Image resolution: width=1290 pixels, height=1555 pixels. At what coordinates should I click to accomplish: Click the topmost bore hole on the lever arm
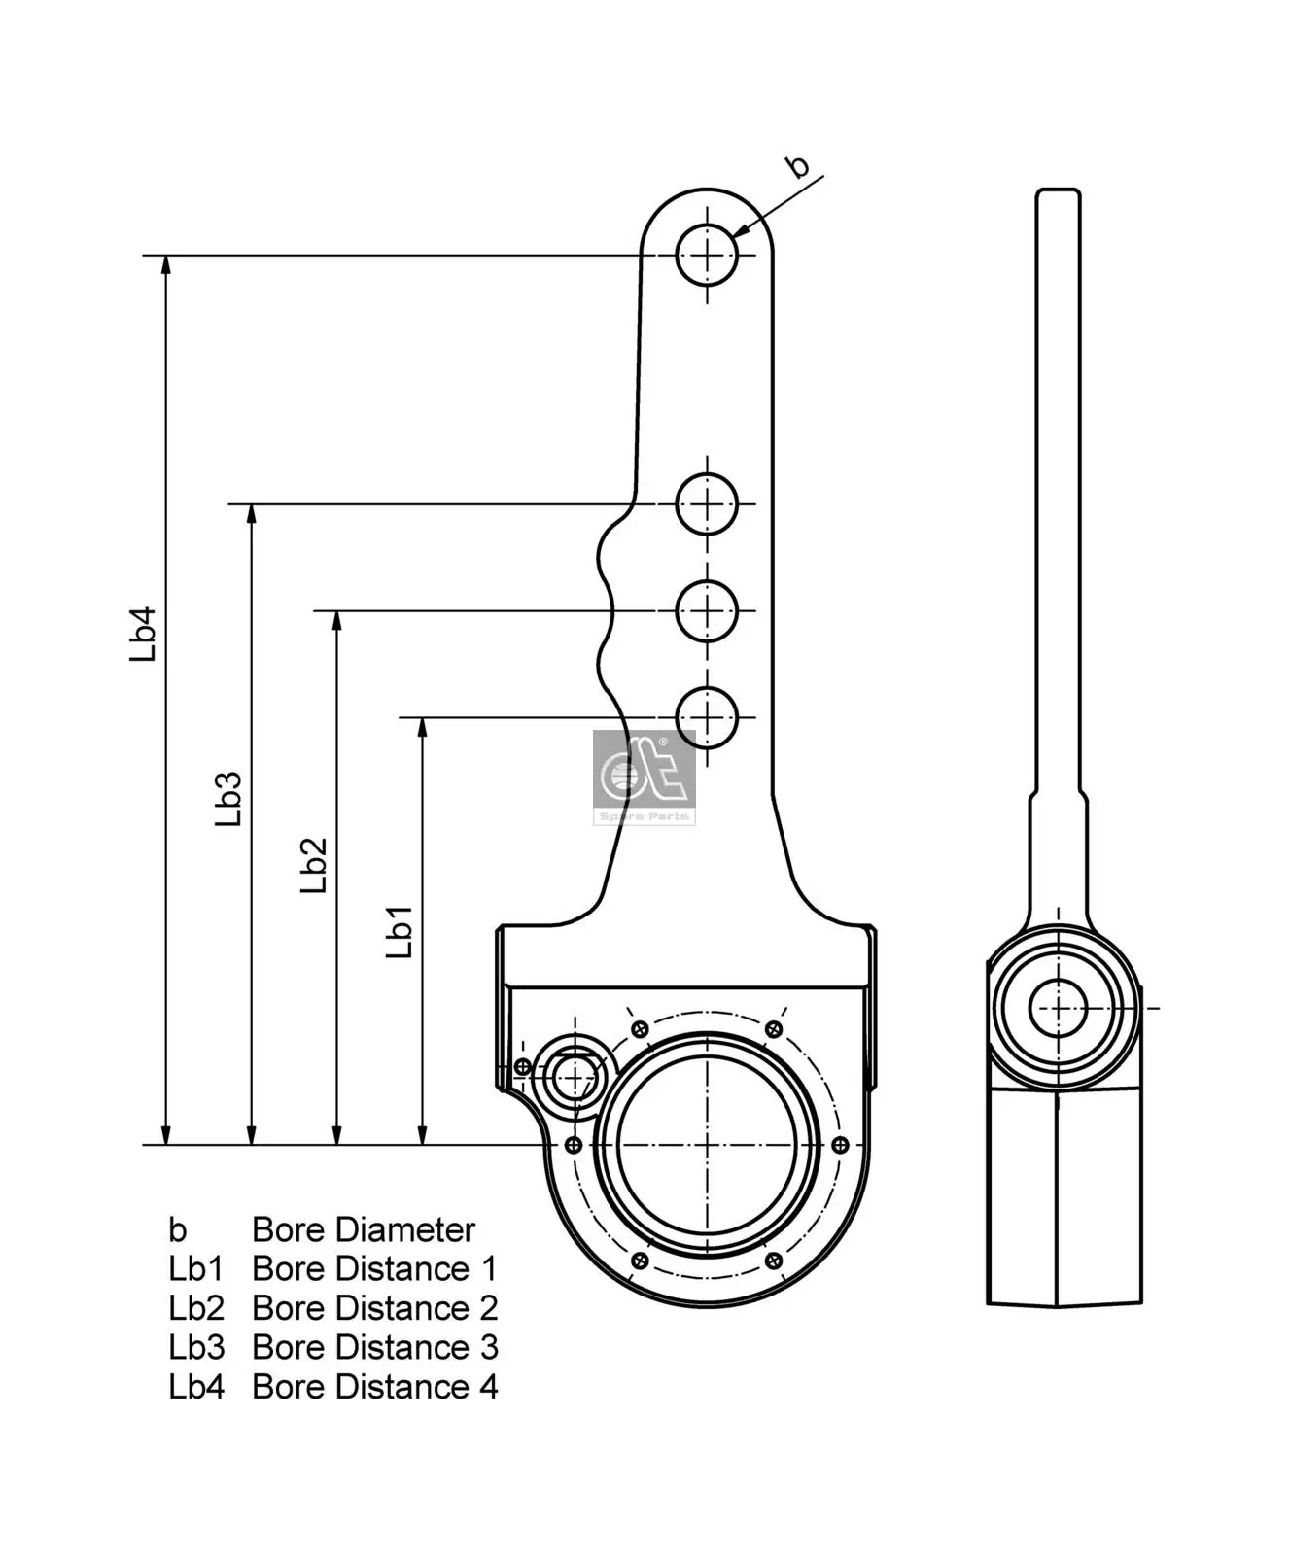tap(707, 255)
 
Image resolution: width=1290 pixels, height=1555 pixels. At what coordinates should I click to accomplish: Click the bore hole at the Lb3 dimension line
tap(707, 503)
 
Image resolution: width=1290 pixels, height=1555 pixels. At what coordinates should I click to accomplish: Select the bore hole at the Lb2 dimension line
tap(707, 610)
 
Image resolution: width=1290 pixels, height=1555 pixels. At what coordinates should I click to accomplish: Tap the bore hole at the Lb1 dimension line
tap(707, 717)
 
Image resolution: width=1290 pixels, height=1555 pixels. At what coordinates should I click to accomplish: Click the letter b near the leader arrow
tap(797, 165)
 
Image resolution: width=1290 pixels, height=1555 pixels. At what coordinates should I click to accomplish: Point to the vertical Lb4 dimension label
tap(144, 635)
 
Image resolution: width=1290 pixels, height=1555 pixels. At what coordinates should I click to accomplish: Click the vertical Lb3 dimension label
tap(228, 799)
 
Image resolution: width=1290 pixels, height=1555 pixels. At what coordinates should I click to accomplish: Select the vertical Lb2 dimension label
tap(313, 865)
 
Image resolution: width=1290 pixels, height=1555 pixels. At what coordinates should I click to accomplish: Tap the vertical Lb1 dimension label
tap(400, 931)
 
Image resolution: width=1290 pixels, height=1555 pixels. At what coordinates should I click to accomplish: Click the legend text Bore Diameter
tap(364, 1229)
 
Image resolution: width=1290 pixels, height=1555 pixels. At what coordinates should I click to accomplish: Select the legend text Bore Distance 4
tap(375, 1387)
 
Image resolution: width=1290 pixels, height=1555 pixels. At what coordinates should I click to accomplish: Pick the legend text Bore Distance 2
tap(375, 1308)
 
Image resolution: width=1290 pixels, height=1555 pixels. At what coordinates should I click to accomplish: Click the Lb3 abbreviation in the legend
tap(196, 1348)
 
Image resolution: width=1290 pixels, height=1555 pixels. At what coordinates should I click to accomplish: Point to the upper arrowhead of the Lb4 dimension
tap(166, 265)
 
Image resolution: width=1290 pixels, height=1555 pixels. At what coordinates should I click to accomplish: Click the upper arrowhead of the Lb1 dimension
tap(422, 728)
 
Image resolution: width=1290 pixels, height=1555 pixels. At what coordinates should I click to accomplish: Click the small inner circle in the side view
tap(1058, 1008)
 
